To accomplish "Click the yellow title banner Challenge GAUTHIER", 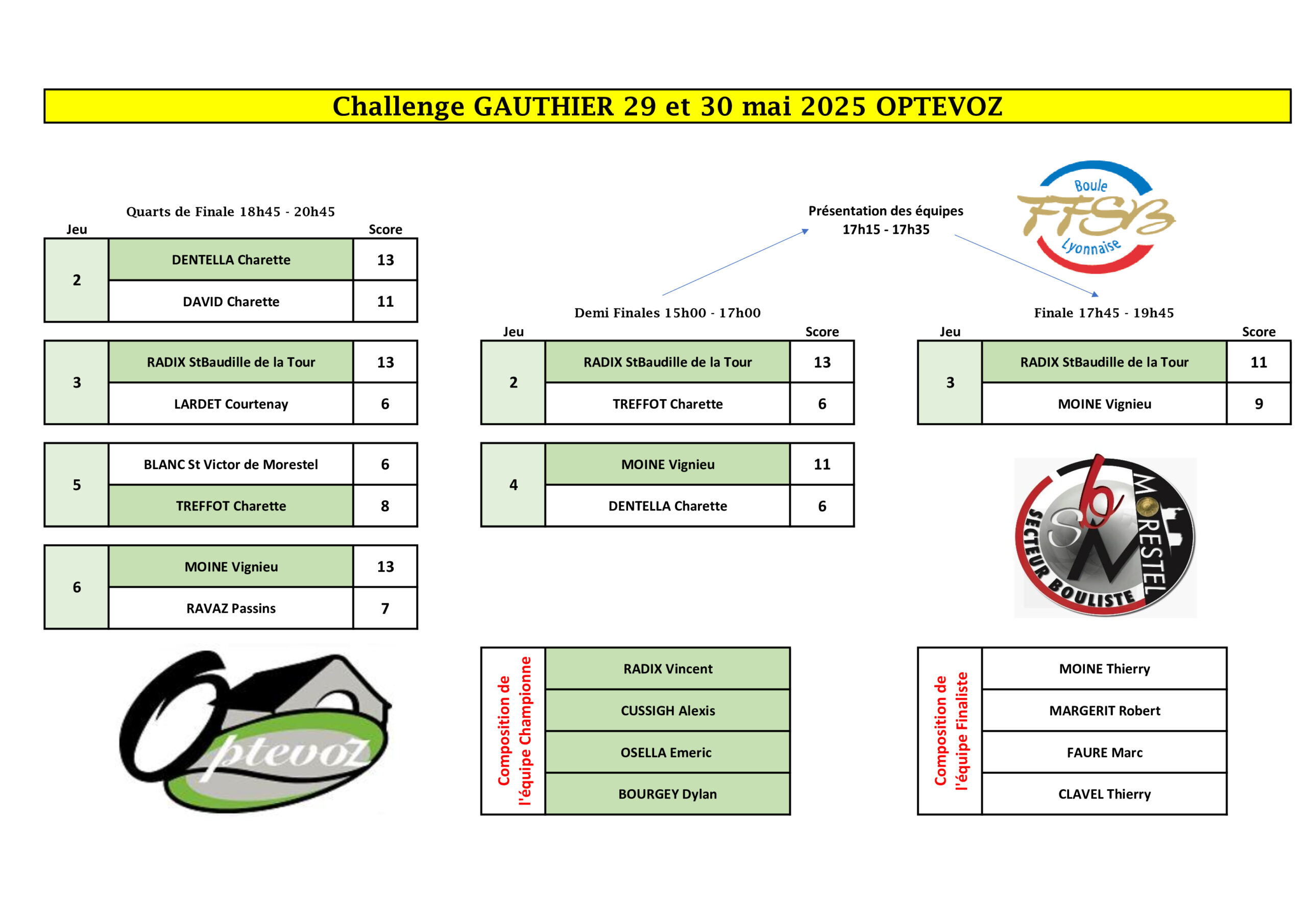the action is (x=667, y=106).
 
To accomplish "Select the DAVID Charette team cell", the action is (x=231, y=301).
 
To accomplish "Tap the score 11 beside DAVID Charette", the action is (x=385, y=301).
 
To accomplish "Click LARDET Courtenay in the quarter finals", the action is (x=231, y=404).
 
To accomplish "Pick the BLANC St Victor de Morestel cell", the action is (x=231, y=464).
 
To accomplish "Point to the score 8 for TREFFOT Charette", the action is (x=385, y=506).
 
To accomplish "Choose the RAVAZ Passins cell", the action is (x=231, y=608).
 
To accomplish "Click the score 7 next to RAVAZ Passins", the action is (x=385, y=608).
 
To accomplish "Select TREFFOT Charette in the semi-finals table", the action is (x=667, y=404).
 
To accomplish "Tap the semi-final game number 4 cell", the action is (x=514, y=485).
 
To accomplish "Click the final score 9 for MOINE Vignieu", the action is (x=1258, y=404).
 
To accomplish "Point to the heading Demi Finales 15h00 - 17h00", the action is (x=667, y=312).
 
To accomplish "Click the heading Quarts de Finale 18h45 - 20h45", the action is (x=231, y=212).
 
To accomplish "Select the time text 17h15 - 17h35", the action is (x=886, y=229).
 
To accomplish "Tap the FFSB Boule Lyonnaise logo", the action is (x=1096, y=217).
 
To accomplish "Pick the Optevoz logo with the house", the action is (x=255, y=731).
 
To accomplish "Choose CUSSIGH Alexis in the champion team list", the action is (x=667, y=710).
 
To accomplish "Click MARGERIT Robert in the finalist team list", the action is (x=1104, y=710).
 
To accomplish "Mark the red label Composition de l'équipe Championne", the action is (x=514, y=731).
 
